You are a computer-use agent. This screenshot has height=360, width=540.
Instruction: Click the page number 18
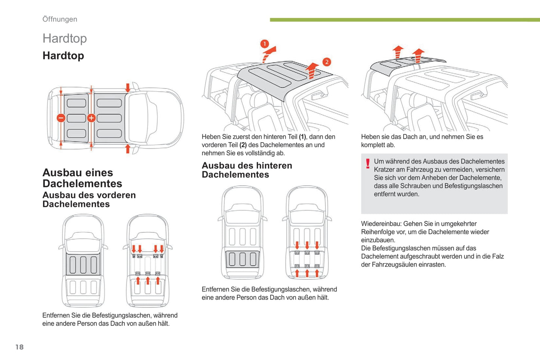point(19,347)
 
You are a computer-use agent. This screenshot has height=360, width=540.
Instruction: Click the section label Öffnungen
point(60,19)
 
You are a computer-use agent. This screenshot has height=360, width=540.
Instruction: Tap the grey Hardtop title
point(65,38)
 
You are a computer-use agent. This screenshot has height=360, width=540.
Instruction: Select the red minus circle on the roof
point(61,118)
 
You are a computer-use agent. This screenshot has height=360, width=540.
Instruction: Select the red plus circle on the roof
point(91,118)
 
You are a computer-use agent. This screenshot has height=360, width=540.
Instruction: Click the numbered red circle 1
point(265,44)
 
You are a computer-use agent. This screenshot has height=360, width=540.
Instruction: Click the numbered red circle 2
point(327,62)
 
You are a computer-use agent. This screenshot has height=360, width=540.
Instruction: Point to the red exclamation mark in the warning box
point(368,164)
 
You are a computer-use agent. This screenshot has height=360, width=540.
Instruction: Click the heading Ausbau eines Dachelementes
point(82,178)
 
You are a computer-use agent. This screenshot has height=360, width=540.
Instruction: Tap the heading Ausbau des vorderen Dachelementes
point(89,199)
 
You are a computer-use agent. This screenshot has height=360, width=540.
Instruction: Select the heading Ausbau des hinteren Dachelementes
point(247,170)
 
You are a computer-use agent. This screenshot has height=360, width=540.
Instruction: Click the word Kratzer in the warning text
point(384,170)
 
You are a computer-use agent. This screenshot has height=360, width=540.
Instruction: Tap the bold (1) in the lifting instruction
point(302,137)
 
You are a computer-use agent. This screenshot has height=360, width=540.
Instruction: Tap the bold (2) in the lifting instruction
point(243,145)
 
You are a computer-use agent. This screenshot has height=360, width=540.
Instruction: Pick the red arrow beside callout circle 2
point(312,70)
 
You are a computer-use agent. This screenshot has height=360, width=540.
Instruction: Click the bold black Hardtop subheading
point(63,56)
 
